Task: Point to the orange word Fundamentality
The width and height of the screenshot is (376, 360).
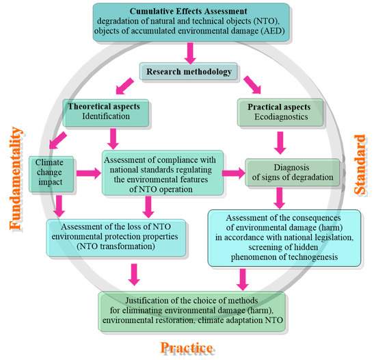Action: (15, 185)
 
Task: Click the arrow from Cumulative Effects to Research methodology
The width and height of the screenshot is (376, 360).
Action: (189, 51)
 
